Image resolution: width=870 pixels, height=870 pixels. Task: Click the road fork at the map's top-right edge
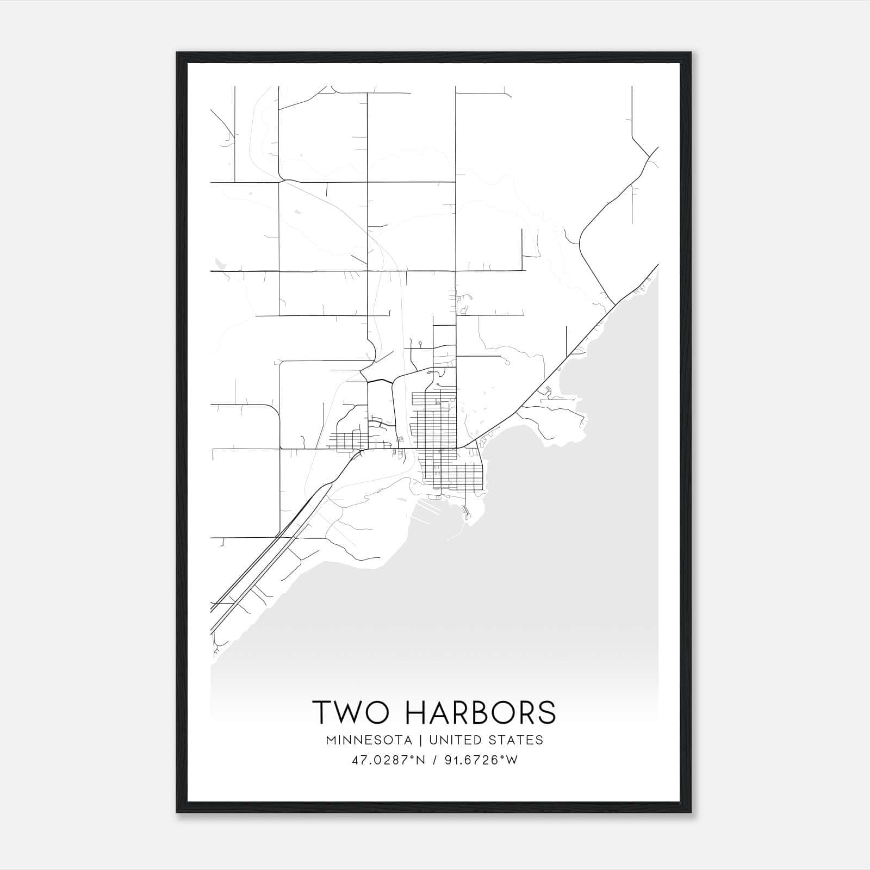(x=650, y=157)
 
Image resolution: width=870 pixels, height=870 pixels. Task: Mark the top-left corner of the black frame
(x=177, y=53)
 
